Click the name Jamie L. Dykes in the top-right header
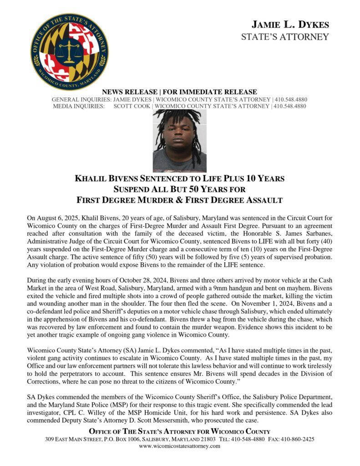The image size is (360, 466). (290, 25)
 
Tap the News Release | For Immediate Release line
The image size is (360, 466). (180, 92)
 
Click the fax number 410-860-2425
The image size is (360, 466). (297, 440)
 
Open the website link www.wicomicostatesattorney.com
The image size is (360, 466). (180, 446)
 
